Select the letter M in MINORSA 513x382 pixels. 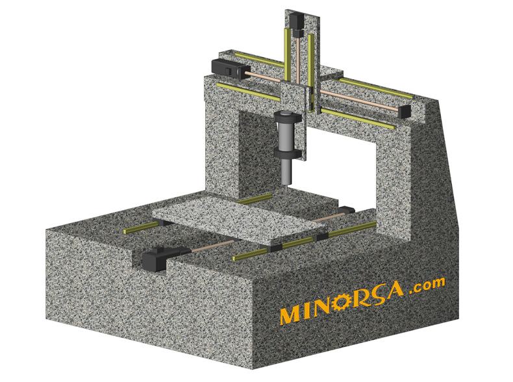pos(291,315)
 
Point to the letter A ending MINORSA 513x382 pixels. pos(393,289)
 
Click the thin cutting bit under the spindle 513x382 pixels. pos(287,189)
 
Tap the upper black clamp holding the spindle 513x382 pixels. pos(287,117)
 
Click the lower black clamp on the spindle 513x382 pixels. pos(287,154)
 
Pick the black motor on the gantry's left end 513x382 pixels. pos(227,68)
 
